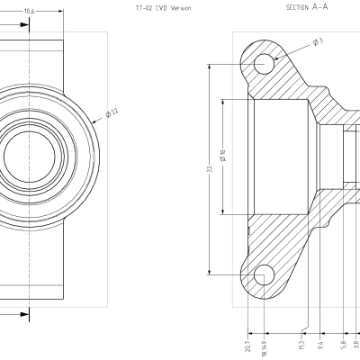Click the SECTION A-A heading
pyautogui.click(x=306, y=7)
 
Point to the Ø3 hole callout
pyautogui.click(x=318, y=41)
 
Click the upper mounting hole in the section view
pyautogui.click(x=264, y=63)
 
